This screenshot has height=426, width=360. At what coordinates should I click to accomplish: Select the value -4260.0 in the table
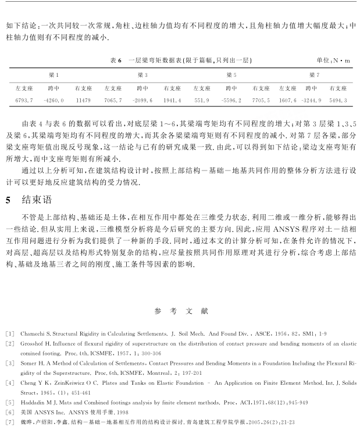54,101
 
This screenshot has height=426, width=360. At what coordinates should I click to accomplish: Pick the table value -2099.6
142,101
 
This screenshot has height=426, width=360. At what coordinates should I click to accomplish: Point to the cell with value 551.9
201,101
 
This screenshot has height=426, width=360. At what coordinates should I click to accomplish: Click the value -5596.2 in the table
231,101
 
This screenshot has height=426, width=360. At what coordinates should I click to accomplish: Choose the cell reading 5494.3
338,101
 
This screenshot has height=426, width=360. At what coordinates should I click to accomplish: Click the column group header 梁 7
314,76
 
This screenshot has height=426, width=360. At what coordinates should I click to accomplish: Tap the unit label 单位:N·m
333,61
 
